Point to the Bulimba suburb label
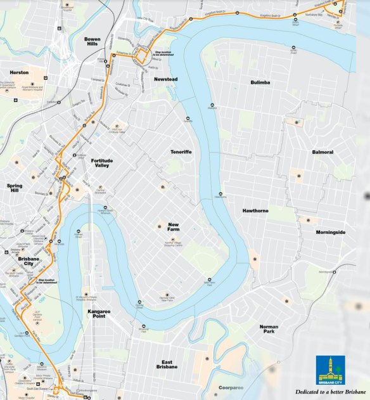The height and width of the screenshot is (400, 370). pyautogui.click(x=260, y=82)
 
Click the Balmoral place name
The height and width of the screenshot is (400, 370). pyautogui.click(x=322, y=152)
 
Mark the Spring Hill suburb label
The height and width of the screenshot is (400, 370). pyautogui.click(x=14, y=189)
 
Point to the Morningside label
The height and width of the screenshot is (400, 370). pyautogui.click(x=331, y=232)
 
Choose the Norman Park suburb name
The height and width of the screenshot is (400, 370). pyautogui.click(x=269, y=330)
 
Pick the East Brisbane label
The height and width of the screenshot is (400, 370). pyautogui.click(x=167, y=364)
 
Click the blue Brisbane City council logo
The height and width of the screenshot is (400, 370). pyautogui.click(x=330, y=369)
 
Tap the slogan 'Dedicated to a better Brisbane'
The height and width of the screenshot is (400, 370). pyautogui.click(x=330, y=392)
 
